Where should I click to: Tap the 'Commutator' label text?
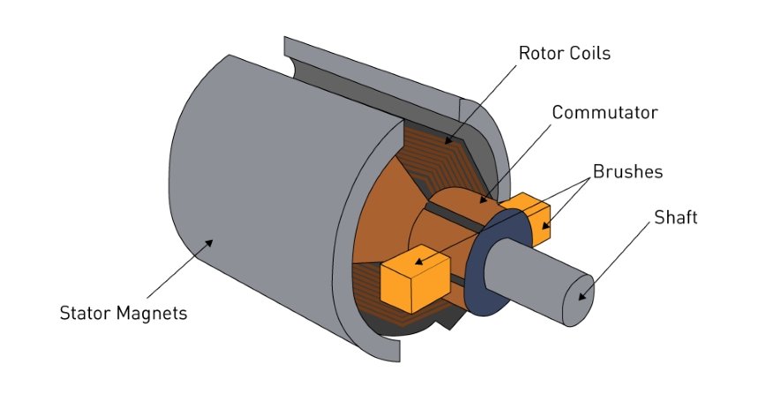602,113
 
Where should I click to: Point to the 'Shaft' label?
675,217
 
